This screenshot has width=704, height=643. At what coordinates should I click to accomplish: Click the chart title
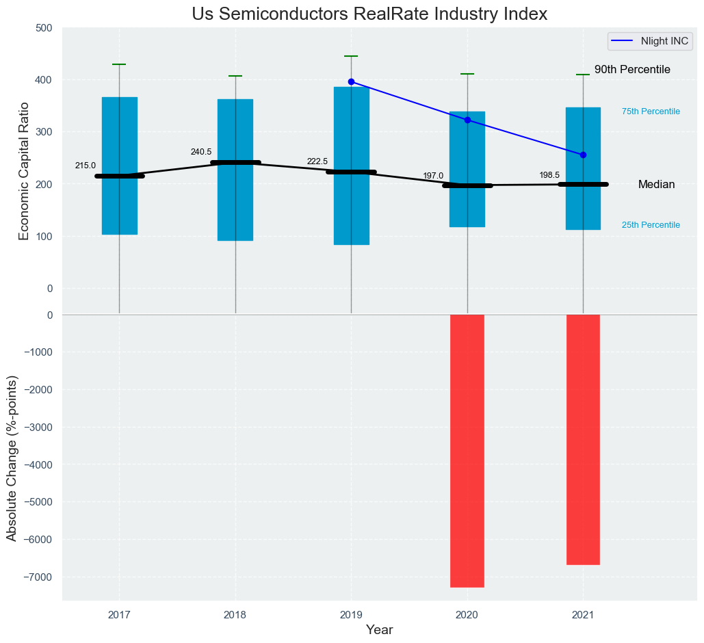(369, 14)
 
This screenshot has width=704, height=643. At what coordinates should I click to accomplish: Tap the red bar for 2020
(467, 451)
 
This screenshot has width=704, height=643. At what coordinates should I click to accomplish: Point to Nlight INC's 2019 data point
(352, 81)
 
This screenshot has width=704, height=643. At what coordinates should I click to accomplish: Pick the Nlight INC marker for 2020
(467, 120)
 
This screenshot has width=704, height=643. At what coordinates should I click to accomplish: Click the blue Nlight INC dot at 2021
(583, 155)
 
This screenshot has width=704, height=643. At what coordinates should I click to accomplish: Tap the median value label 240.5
(200, 152)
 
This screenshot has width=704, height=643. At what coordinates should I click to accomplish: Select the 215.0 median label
(86, 166)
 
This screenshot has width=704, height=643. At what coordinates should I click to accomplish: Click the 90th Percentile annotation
(632, 70)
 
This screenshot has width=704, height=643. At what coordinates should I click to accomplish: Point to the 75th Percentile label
(651, 111)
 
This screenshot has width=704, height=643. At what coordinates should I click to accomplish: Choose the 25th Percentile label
(651, 225)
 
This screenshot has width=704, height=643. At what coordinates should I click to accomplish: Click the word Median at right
(656, 185)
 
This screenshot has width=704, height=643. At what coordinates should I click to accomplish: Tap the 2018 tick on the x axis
(235, 615)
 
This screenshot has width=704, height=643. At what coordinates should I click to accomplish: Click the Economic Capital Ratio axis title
(25, 171)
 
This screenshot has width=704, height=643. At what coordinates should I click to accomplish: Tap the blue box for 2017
(120, 205)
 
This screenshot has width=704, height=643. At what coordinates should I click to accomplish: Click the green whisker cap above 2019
(352, 56)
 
